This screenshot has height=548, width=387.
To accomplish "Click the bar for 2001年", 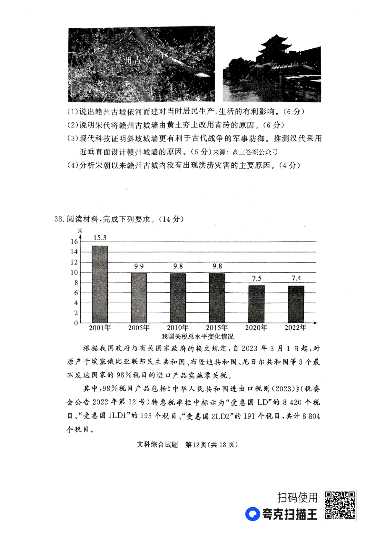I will [x=100, y=284].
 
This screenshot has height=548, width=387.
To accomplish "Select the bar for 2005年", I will [x=139, y=298].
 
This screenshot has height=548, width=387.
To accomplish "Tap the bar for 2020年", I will [x=256, y=304].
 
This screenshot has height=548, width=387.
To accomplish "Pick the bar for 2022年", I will [x=296, y=304].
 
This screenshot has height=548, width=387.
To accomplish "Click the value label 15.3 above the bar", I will [x=100, y=238].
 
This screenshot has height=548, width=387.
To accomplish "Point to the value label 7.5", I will [x=256, y=278].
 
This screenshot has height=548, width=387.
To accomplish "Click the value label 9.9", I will [x=139, y=266].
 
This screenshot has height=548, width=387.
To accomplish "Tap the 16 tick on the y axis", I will [x=74, y=242].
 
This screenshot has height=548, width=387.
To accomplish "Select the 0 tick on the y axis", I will [x=76, y=323].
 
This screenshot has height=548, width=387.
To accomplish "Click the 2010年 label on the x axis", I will [x=178, y=328].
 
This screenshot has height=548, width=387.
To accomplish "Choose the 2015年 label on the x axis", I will [x=217, y=328].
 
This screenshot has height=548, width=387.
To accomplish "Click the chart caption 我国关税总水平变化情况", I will [x=197, y=336].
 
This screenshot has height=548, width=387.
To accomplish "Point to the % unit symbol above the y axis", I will [x=80, y=231].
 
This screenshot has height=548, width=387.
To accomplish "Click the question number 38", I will [x=60, y=219].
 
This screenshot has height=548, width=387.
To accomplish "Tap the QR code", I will [x=340, y=505].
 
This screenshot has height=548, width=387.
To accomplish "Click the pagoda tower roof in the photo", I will [x=274, y=42].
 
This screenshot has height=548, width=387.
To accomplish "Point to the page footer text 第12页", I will [x=196, y=445].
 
